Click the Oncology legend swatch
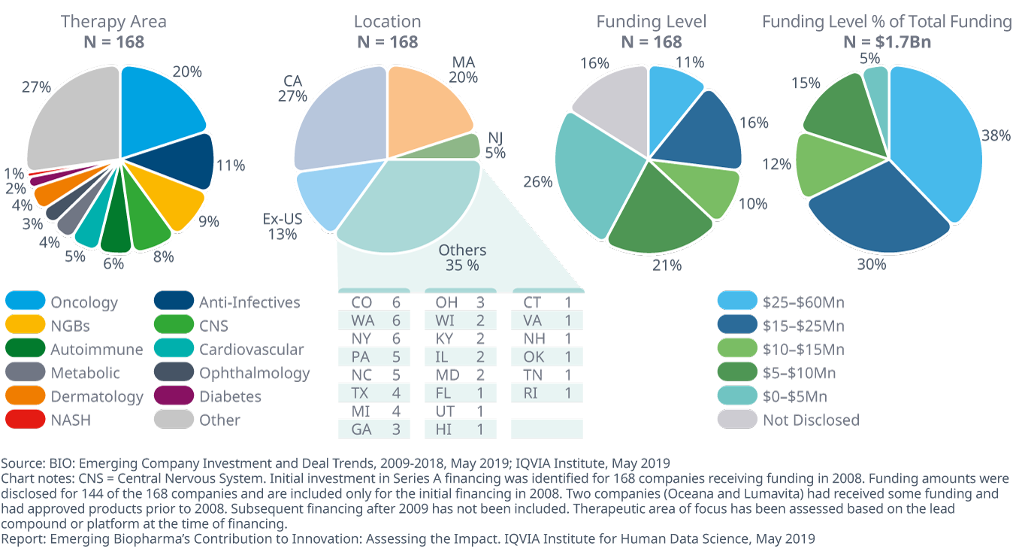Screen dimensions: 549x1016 pos(25,302)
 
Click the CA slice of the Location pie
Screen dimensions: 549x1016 pos(338,120)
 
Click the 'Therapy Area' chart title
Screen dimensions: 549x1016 pos(113,22)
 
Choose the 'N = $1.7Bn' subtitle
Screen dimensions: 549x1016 pos(887,41)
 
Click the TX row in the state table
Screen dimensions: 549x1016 pos(373,393)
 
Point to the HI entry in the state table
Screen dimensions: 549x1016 pos(459,429)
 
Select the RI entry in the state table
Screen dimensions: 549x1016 pos(546,393)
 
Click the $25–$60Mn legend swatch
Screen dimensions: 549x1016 pos(737,302)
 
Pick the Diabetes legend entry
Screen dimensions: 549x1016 pos(230,396)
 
